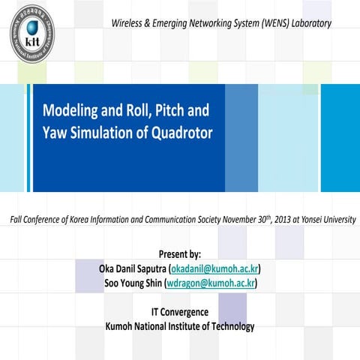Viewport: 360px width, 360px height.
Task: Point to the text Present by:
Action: click(x=180, y=254)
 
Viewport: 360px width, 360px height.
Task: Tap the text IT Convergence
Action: click(x=180, y=312)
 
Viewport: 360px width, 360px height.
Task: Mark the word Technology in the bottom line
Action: click(x=229, y=326)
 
